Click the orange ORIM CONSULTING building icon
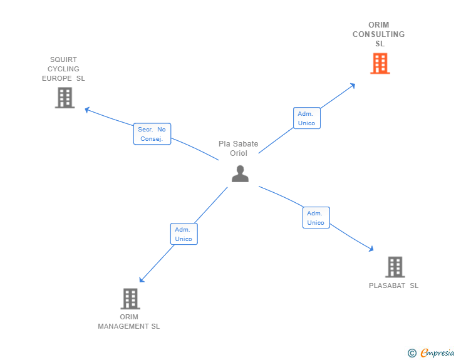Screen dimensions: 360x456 click(x=380, y=63)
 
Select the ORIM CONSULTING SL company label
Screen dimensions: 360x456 click(x=379, y=34)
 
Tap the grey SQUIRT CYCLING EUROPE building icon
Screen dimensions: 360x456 click(x=65, y=98)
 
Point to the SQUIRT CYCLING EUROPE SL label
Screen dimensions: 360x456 click(x=63, y=69)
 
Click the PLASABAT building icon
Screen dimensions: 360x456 click(x=395, y=267)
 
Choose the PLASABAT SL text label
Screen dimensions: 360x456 click(x=393, y=286)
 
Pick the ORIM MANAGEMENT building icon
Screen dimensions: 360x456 click(x=130, y=299)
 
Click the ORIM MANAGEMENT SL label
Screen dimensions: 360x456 click(x=129, y=322)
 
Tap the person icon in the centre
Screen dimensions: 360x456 click(x=240, y=173)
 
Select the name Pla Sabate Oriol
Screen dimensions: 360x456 click(x=238, y=148)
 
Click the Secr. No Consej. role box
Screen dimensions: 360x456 click(x=152, y=134)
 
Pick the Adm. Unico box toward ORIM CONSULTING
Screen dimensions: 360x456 click(x=306, y=118)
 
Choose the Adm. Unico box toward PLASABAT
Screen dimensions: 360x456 click(x=316, y=218)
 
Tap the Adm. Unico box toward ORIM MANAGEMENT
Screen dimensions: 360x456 click(x=184, y=234)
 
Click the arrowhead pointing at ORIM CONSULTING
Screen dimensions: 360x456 click(x=353, y=85)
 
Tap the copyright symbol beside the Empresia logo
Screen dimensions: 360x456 click(x=412, y=353)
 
